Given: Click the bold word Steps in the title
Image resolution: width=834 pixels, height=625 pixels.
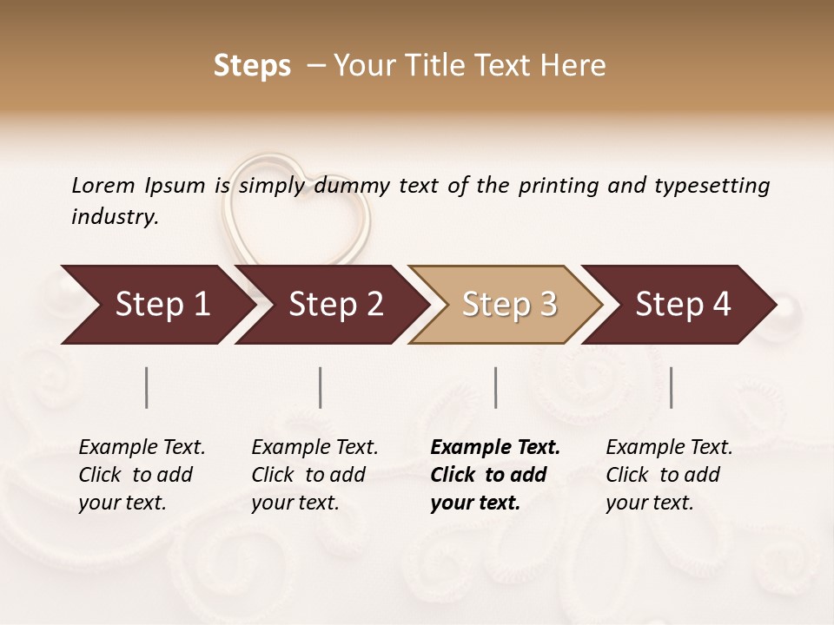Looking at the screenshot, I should (x=252, y=66).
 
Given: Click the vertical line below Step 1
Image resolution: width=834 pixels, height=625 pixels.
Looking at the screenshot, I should (x=147, y=387).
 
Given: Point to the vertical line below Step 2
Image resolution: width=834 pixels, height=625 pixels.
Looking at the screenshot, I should (x=321, y=387).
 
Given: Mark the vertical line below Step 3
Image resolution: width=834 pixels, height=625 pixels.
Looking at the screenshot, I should (x=496, y=387).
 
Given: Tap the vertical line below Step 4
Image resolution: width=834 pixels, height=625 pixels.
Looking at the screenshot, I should (x=672, y=387).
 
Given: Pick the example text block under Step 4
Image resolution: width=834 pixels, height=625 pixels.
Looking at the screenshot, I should (x=669, y=475).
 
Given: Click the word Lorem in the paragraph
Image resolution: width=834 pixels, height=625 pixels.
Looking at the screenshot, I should (x=103, y=185).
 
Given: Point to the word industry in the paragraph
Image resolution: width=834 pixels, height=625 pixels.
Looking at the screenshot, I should (x=114, y=217).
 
